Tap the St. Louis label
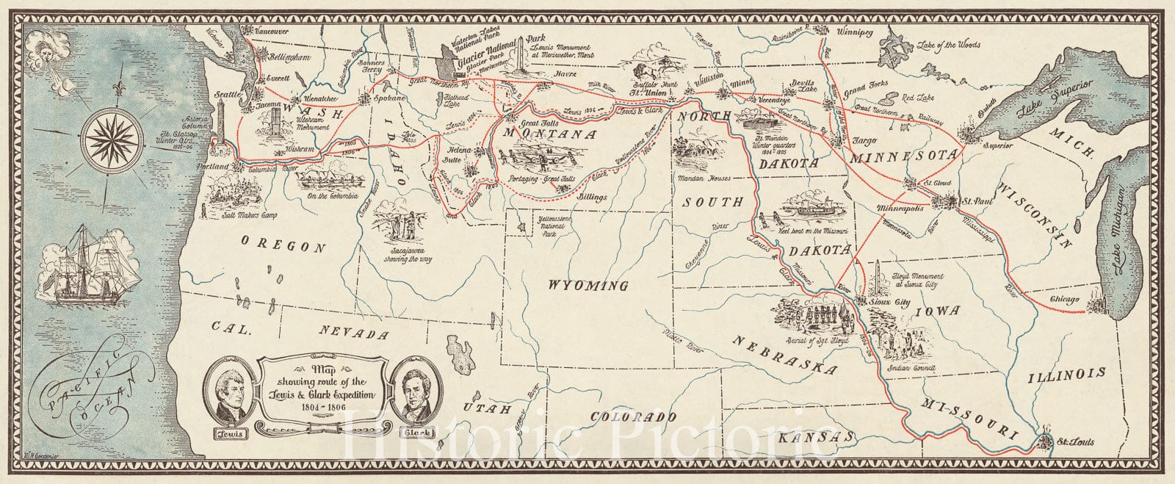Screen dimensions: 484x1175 click(1071, 441)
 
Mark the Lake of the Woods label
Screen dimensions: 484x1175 click(947, 45)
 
